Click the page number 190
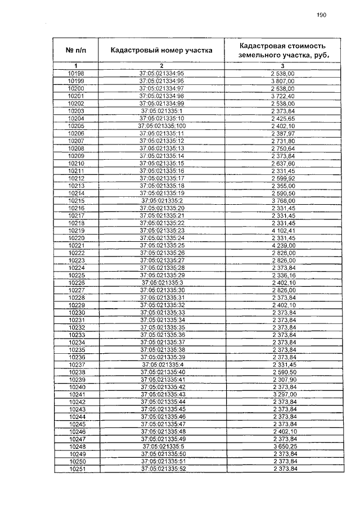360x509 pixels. (x=321, y=15)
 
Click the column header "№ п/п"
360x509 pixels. (x=75, y=50)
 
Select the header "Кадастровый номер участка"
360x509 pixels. (x=161, y=50)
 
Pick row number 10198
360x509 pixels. (x=75, y=74)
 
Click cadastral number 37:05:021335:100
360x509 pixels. (x=161, y=126)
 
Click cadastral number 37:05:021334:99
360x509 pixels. (x=161, y=103)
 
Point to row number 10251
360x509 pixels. (x=75, y=469)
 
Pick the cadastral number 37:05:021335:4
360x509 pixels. (x=161, y=364)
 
